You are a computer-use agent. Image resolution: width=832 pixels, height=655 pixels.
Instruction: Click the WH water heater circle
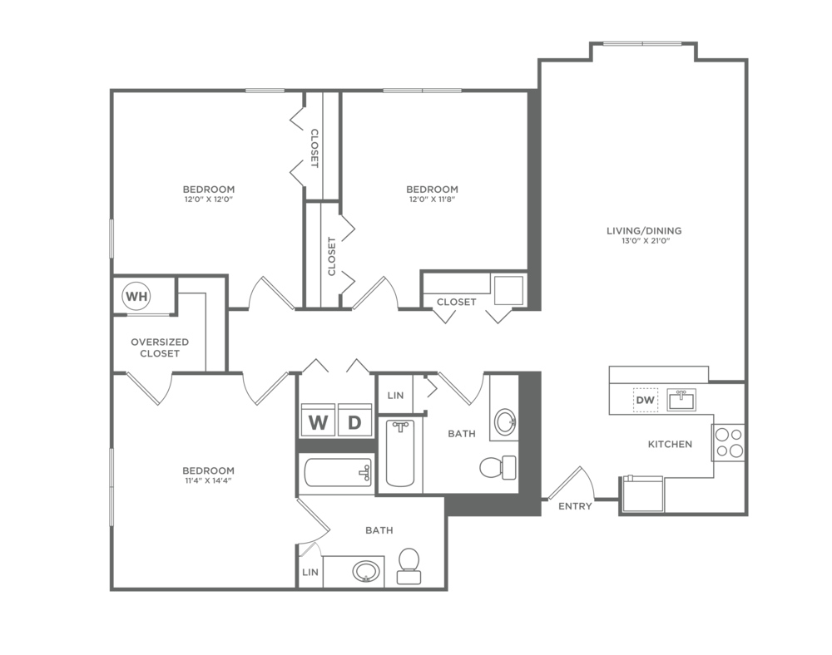[136, 296]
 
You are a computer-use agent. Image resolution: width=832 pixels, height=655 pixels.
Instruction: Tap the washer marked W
[317, 421]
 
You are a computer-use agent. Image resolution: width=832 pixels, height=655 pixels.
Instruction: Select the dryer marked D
[354, 421]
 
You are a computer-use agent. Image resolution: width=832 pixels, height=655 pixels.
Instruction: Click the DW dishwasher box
[646, 400]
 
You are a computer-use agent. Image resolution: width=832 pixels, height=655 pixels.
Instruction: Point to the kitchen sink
[681, 400]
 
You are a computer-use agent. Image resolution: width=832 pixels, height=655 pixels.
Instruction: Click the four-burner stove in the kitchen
[729, 443]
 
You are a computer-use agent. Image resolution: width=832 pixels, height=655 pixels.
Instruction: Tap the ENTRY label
[575, 506]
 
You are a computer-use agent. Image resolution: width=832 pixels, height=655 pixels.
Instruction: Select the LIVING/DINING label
[644, 230]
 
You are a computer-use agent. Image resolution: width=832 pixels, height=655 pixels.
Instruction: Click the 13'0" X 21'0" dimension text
[644, 241]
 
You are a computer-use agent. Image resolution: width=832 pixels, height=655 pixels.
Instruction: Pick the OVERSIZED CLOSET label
[160, 347]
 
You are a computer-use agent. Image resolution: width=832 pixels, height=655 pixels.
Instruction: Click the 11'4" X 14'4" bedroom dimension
[208, 480]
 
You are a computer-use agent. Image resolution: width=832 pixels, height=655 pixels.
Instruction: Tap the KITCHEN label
[670, 444]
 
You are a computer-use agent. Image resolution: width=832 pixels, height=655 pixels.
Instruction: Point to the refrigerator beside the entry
[642, 494]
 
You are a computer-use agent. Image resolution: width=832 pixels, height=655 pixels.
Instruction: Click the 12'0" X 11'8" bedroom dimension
[432, 199]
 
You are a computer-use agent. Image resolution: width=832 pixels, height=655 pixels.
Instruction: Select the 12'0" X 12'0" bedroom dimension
[209, 199]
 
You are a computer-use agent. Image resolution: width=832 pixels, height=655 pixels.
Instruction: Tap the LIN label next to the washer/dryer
[395, 396]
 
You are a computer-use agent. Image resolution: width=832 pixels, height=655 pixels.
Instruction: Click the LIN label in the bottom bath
[310, 573]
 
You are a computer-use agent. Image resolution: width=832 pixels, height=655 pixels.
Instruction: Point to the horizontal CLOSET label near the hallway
[456, 302]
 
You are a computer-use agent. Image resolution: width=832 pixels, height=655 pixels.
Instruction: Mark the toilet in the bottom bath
[409, 567]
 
